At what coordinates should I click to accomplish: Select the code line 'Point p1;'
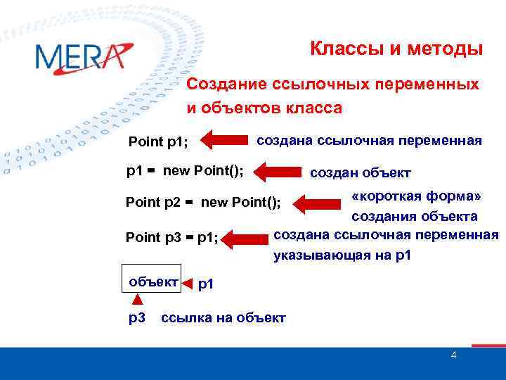click(158, 143)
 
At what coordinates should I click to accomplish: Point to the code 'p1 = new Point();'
click(185, 170)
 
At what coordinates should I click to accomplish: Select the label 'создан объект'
click(361, 173)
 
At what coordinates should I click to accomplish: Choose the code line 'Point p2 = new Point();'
click(202, 203)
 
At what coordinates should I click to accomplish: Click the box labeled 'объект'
click(151, 281)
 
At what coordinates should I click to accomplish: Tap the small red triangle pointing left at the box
click(187, 284)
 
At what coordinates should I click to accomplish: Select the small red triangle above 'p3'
click(138, 301)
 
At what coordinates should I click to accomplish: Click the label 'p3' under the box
click(136, 317)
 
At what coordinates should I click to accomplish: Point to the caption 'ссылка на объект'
click(223, 318)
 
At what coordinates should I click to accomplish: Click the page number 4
click(453, 355)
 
